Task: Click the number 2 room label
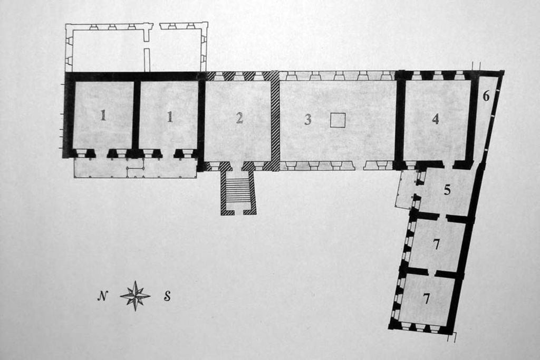click(x=239, y=118)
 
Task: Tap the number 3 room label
click(x=308, y=119)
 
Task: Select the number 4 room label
click(x=436, y=119)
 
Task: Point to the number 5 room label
click(x=447, y=190)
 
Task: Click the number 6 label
click(x=486, y=96)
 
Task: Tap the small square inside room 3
click(x=338, y=121)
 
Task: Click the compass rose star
click(x=136, y=296)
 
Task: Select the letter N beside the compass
click(x=102, y=296)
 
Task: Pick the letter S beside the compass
click(x=167, y=296)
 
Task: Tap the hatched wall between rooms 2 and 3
click(x=275, y=121)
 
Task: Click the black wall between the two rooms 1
click(x=136, y=116)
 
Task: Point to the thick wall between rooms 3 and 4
click(x=400, y=121)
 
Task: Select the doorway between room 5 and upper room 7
click(x=442, y=217)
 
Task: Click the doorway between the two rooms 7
click(x=431, y=273)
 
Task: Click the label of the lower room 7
click(x=427, y=299)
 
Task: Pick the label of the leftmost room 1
click(x=103, y=115)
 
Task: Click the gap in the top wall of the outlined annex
click(x=156, y=26)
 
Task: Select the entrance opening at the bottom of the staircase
click(x=238, y=212)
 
